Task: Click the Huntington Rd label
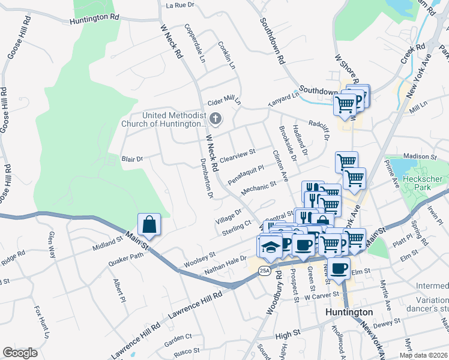[x=94, y=19]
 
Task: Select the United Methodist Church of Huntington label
[x=164, y=120]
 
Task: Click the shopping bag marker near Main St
[x=148, y=225]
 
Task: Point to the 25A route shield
[x=265, y=271]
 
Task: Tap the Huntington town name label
[x=349, y=313]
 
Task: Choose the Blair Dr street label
[x=132, y=159]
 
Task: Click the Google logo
[x=20, y=353]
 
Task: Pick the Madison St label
[x=418, y=156]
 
